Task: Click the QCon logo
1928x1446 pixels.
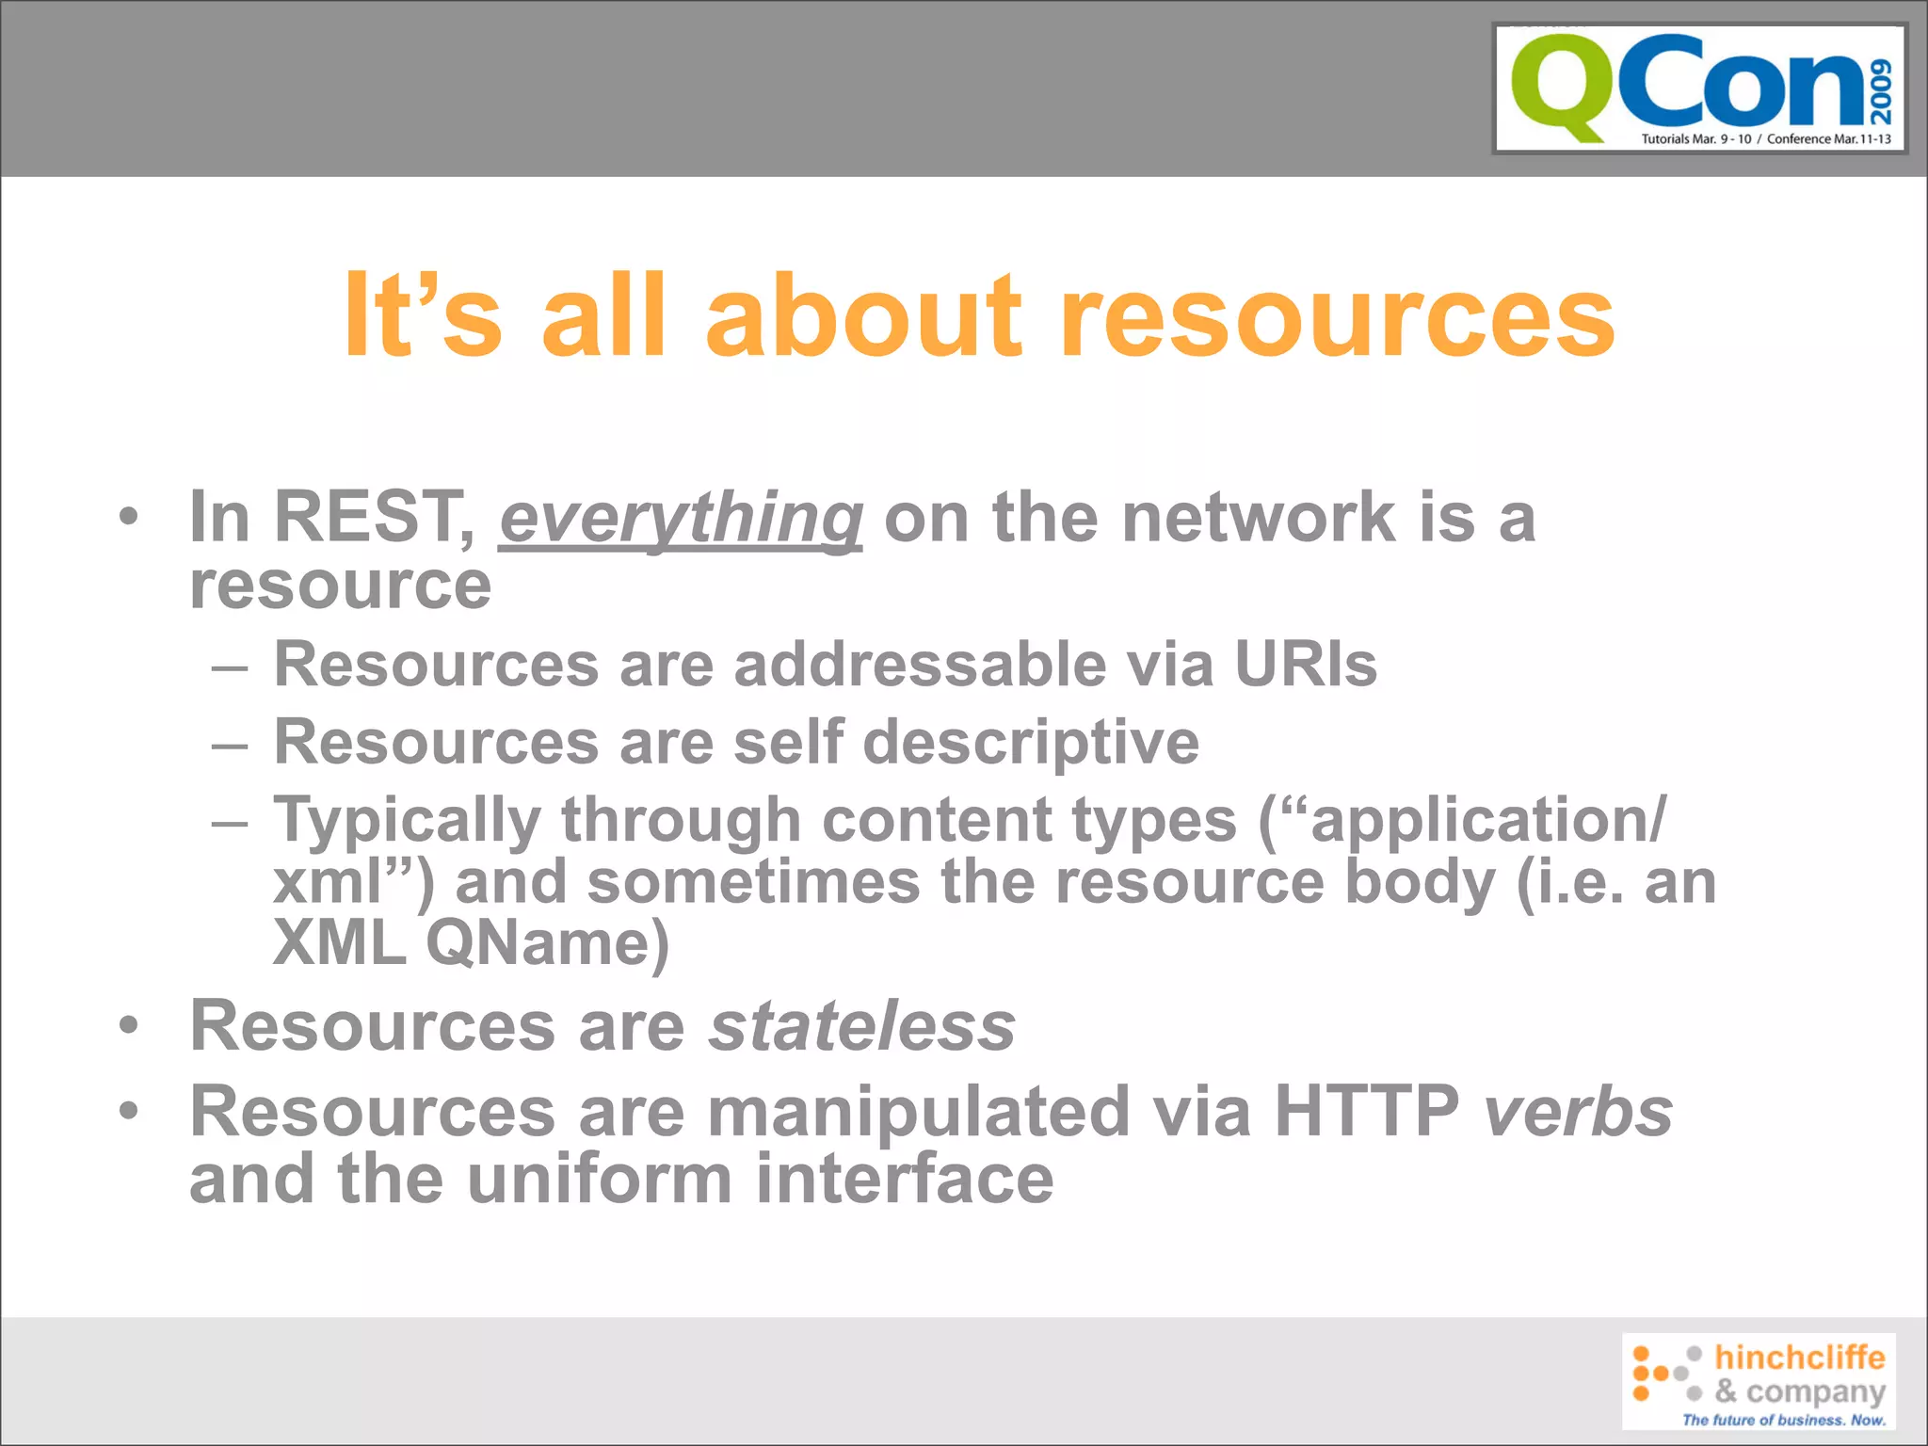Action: [x=1699, y=88]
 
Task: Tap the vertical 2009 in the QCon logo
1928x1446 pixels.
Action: [x=1882, y=91]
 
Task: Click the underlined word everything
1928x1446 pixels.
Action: [x=681, y=519]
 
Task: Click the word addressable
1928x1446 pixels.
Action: [x=920, y=665]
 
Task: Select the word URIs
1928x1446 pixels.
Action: [x=1305, y=665]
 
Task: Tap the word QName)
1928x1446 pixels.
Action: [x=547, y=943]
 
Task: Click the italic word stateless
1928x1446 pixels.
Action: [x=862, y=1025]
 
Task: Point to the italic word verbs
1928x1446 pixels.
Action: [x=1578, y=1112]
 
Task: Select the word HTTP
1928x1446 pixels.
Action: [x=1366, y=1112]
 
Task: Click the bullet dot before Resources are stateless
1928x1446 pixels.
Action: [x=129, y=1025]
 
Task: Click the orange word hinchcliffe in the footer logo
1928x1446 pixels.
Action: [x=1799, y=1358]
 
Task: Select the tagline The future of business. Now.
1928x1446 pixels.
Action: [x=1783, y=1420]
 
